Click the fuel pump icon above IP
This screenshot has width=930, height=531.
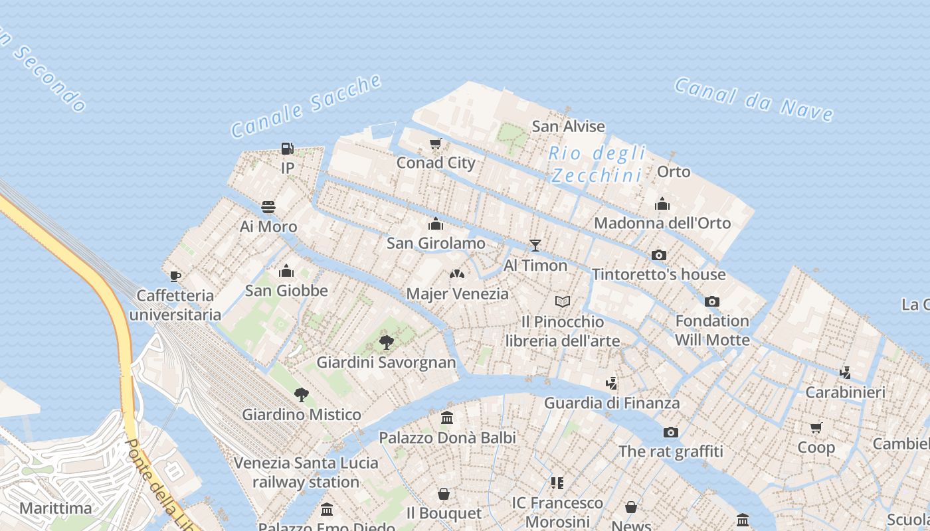pos(287,148)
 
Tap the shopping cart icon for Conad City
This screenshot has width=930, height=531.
pos(436,143)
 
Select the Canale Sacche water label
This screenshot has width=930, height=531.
pos(306,106)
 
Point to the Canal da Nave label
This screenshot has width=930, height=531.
pos(754,100)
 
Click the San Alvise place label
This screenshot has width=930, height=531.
pos(569,126)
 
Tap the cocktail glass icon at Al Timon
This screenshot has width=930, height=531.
pos(535,246)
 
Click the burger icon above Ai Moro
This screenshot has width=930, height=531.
pos(268,207)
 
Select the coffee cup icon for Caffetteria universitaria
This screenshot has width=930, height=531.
pos(175,276)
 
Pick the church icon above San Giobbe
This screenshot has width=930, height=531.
pos(286,271)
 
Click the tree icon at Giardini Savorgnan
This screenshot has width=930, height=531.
pos(386,342)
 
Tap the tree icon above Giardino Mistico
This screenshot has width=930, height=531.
pos(301,395)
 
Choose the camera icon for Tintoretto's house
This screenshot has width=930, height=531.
pos(658,255)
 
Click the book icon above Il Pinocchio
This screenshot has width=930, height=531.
pos(563,302)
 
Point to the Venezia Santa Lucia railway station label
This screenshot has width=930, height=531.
pos(306,472)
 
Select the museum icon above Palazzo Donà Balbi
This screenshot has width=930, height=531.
pos(447,418)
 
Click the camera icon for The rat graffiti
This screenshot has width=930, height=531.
pos(670,432)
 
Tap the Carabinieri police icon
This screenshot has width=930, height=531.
pos(845,372)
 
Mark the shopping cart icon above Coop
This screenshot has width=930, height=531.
pos(816,427)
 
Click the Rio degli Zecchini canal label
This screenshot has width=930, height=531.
pos(597,164)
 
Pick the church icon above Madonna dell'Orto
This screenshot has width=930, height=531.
pos(662,204)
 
